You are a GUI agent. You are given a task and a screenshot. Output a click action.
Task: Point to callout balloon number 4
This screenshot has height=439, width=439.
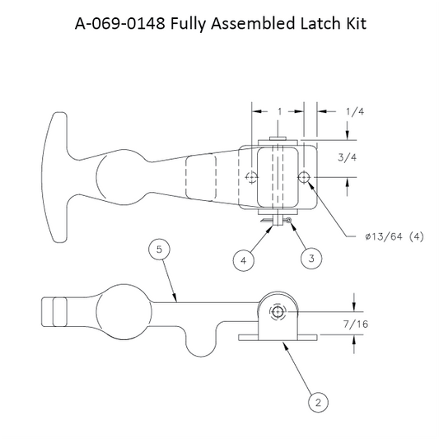point(242,259)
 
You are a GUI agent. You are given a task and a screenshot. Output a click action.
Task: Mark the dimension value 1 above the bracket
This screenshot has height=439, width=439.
point(281,110)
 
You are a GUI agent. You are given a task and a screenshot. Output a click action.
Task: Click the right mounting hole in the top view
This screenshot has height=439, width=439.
point(306,177)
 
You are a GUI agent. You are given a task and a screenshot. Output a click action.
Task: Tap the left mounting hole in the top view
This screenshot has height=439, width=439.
point(251,177)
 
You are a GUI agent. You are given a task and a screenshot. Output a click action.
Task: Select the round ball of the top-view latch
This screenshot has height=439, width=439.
point(121,176)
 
